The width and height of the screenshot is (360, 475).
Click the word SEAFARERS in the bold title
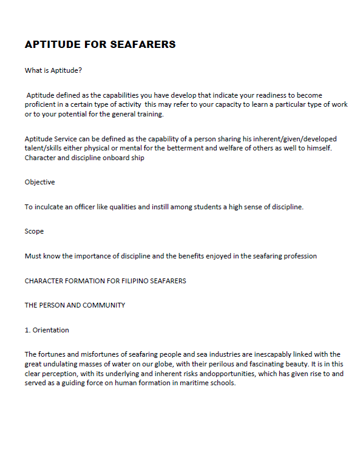click(141, 45)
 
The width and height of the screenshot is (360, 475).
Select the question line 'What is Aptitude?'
click(53, 70)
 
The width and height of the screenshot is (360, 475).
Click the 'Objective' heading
click(39, 182)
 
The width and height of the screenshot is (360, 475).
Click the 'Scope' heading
click(34, 231)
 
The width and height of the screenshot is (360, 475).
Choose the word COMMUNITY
click(104, 305)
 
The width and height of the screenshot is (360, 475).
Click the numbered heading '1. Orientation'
click(47, 330)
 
